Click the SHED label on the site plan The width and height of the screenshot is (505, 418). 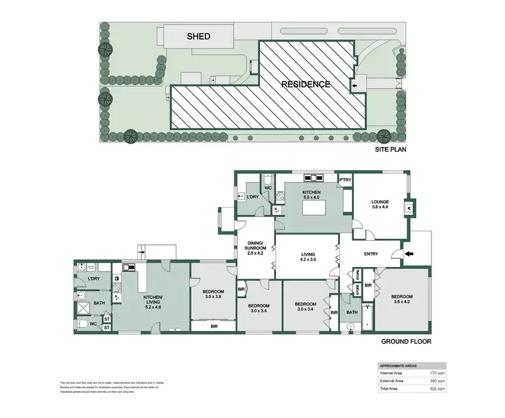(x=199, y=36)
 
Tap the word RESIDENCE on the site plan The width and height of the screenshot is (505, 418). (x=306, y=84)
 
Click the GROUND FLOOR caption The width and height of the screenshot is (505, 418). (x=406, y=342)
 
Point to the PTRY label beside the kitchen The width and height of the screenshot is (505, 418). (x=345, y=180)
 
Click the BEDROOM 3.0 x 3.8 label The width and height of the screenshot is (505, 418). (x=213, y=295)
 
